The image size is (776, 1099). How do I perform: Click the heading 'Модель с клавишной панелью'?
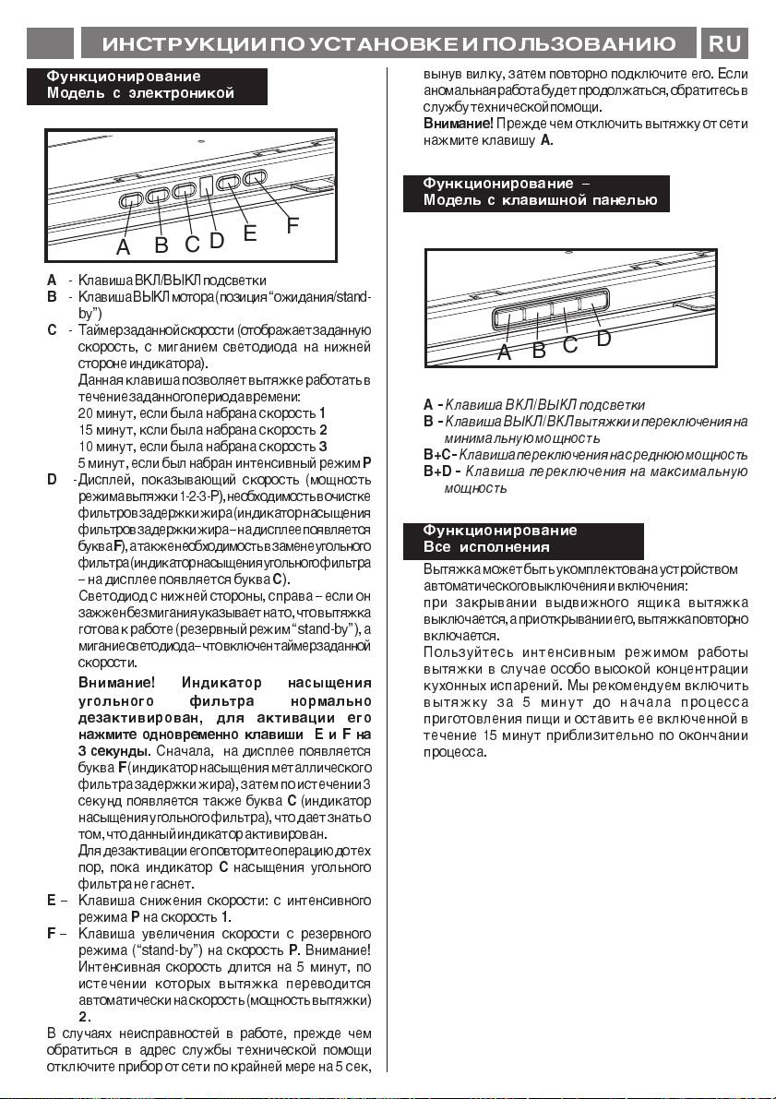tap(540, 200)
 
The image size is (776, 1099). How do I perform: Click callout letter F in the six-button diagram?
tap(292, 224)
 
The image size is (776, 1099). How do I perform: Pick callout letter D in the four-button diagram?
tap(604, 339)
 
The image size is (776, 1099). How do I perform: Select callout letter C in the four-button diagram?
tap(570, 345)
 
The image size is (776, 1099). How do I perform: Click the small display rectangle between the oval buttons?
tap(207, 185)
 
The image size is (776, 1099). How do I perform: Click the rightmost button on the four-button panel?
tap(593, 301)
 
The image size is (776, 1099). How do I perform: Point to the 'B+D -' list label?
tap(440, 472)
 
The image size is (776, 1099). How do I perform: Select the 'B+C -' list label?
tap(439, 455)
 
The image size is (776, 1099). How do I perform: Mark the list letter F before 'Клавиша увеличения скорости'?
tap(51, 934)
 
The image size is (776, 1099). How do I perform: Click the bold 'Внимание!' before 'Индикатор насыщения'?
tap(116, 684)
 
